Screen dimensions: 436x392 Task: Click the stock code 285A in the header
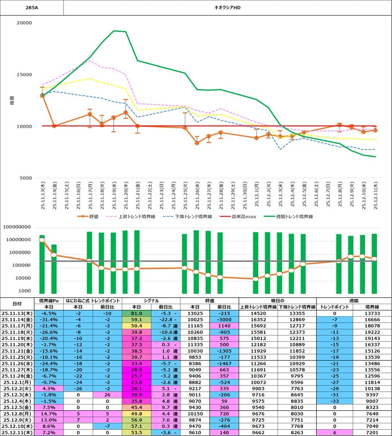coord(32,7)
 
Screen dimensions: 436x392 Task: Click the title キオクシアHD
coord(228,7)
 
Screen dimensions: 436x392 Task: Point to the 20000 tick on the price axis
coord(25,23)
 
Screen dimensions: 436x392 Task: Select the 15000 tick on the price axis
coord(25,75)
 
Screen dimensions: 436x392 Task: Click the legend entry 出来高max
coord(244,217)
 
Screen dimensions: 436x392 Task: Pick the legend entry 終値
coord(94,217)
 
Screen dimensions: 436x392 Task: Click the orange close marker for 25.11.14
coord(54,126)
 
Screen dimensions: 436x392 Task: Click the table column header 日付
coord(17,304)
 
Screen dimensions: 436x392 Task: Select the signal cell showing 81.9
coord(136,313)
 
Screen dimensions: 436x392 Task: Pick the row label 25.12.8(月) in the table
coord(17,413)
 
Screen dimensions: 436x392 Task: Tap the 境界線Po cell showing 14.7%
coord(48,413)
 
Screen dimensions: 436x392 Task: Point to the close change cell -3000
coord(224,319)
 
